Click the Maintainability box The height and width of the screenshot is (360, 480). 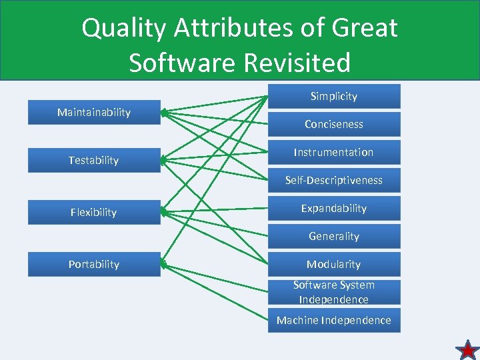pyautogui.click(x=93, y=113)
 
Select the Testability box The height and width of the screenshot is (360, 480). pyautogui.click(x=93, y=161)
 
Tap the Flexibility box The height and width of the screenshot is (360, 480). pyautogui.click(x=93, y=213)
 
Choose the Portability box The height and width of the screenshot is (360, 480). pyautogui.click(x=93, y=265)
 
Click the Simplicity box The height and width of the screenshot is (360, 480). pyautogui.click(x=334, y=97)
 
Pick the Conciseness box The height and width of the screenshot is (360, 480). pyautogui.click(x=334, y=125)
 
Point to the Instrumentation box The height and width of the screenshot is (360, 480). pyautogui.click(x=334, y=153)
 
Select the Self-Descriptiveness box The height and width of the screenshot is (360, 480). pyautogui.click(x=334, y=181)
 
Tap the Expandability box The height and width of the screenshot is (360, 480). pyautogui.click(x=334, y=209)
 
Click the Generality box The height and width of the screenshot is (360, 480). pyautogui.click(x=334, y=237)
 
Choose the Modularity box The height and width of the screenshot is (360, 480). pyautogui.click(x=334, y=265)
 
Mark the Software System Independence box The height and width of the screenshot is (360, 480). pyautogui.click(x=334, y=293)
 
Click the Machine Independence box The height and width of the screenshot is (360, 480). pyautogui.click(x=334, y=321)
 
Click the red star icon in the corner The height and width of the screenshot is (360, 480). pyautogui.click(x=467, y=349)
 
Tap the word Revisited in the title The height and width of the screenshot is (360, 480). pyautogui.click(x=297, y=63)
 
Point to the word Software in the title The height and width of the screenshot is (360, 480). pyautogui.click(x=182, y=63)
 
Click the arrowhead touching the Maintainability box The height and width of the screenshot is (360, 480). pyautogui.click(x=165, y=113)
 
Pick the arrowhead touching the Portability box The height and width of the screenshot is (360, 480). pyautogui.click(x=165, y=264)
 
